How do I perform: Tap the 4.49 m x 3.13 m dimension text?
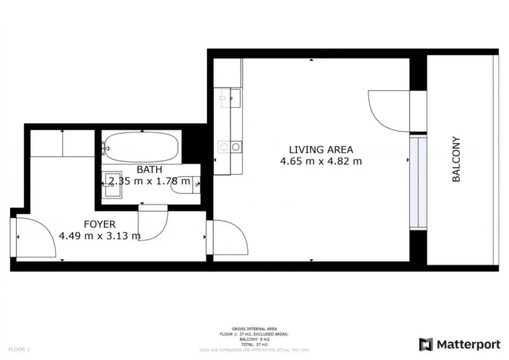(x=99, y=236)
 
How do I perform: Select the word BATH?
(x=149, y=169)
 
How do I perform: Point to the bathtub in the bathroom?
(x=142, y=145)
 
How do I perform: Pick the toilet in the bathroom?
(x=188, y=183)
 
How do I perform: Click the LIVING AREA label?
(x=321, y=149)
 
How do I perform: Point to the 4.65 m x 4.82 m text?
(x=321, y=162)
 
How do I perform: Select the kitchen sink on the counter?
(x=228, y=98)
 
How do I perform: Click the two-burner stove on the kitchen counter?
(x=228, y=145)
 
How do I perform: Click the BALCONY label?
(x=456, y=159)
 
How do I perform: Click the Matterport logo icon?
(x=425, y=344)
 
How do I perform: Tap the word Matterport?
(x=467, y=344)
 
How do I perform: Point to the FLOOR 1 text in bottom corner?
(x=17, y=349)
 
